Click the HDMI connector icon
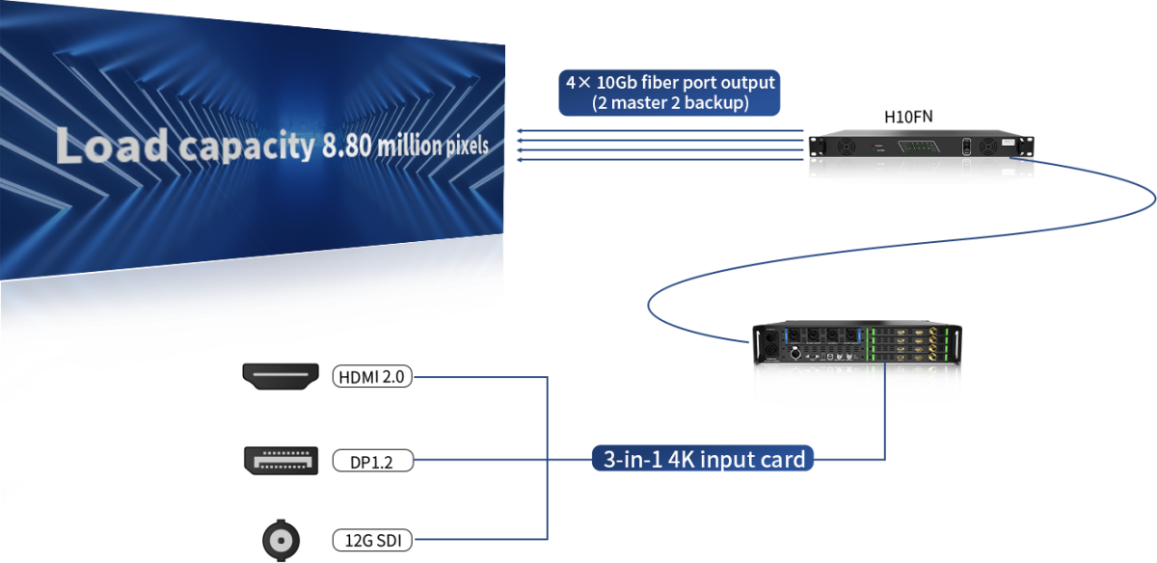coord(281,376)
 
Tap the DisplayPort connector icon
coord(281,460)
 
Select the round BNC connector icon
coord(281,540)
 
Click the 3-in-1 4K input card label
coord(704,460)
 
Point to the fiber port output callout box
coord(670,93)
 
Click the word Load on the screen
coord(112,145)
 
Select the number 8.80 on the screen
coord(345,147)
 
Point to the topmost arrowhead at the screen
coord(520,130)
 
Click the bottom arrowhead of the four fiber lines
coord(520,160)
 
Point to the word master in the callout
coord(633,102)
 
